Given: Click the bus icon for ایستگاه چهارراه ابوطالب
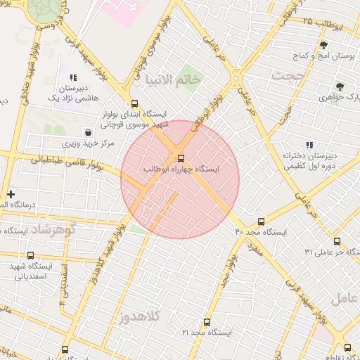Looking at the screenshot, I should [x=181, y=157].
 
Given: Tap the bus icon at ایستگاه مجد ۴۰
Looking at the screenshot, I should [x=262, y=221].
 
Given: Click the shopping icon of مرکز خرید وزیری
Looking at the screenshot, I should [x=88, y=131].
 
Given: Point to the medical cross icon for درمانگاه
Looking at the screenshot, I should [x=11, y=194].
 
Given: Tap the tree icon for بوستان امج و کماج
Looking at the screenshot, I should [x=323, y=45].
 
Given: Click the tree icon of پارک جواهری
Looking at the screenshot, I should [x=340, y=87].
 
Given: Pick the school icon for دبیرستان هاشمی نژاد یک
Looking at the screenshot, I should [x=72, y=77].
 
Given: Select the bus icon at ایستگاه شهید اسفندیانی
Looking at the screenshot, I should [x=30, y=256].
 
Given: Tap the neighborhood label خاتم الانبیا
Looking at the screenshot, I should [x=172, y=80].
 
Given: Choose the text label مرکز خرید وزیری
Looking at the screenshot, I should [x=87, y=143].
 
